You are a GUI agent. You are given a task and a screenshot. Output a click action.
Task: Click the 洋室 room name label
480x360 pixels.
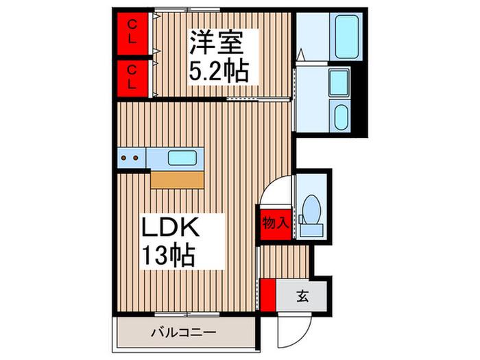217,43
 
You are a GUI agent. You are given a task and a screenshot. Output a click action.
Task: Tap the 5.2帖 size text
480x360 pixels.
218,71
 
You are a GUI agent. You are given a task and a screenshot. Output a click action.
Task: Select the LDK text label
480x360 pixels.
170,226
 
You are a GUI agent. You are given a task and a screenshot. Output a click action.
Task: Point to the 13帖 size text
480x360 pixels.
169,254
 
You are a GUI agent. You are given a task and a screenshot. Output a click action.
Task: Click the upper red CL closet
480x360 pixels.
132,34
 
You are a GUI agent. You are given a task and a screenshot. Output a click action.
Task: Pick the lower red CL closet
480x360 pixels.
132,78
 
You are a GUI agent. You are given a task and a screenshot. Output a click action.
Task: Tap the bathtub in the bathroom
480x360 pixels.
346,36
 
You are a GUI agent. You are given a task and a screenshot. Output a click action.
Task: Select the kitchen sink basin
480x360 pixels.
182,158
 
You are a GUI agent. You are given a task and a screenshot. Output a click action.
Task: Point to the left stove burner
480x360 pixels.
123,158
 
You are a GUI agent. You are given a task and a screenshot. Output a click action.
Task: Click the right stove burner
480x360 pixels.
135,158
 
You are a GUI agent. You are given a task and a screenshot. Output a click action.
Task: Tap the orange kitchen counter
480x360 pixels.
177,180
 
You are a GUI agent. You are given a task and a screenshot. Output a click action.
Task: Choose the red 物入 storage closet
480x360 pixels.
276,225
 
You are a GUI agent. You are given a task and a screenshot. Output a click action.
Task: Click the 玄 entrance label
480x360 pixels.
302,296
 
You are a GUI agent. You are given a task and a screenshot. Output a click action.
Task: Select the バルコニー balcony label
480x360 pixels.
184,332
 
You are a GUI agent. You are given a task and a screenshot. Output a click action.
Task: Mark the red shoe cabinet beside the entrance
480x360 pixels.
268,295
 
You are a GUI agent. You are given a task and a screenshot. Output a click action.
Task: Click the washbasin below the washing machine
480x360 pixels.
340,117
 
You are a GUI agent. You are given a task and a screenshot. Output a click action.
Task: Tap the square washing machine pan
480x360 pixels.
339,82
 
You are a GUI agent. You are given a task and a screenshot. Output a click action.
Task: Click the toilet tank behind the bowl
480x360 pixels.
311,230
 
